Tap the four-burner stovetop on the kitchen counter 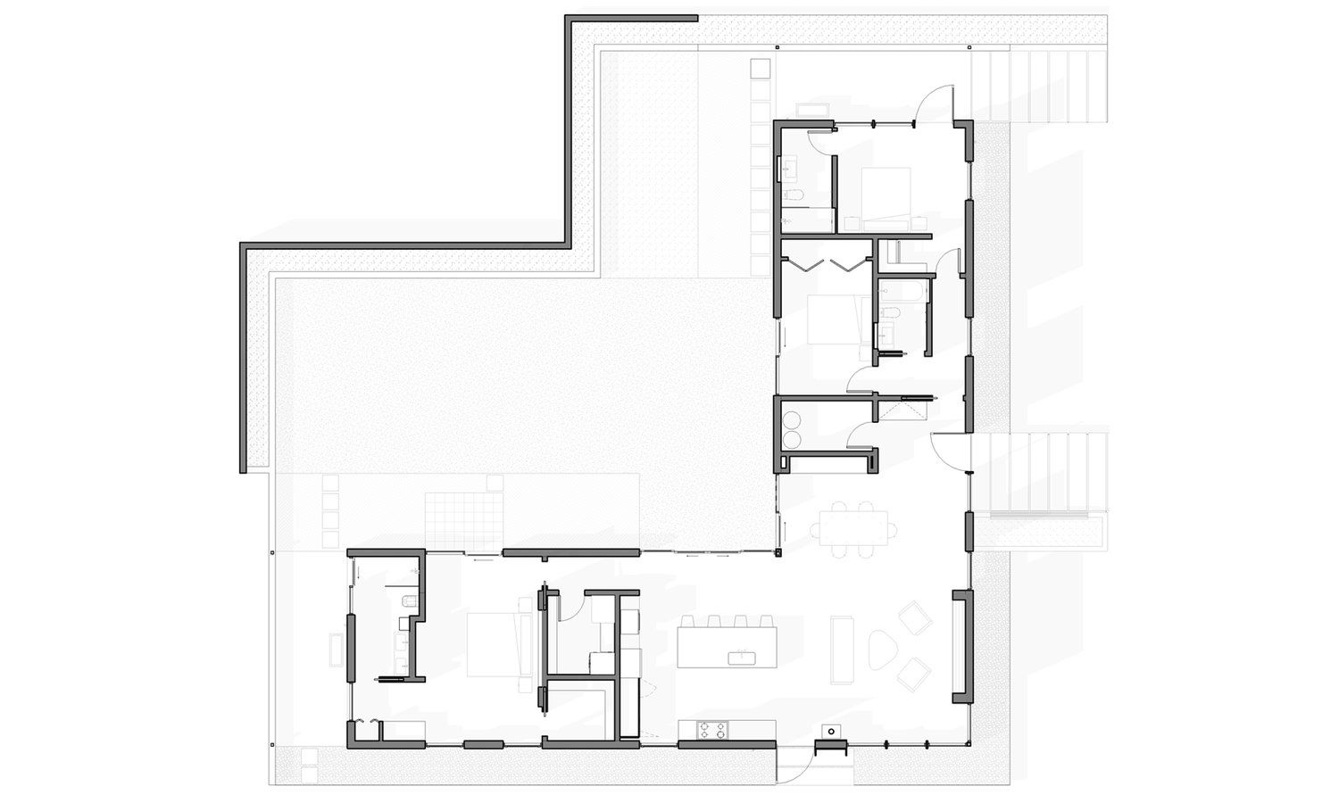pos(711,730)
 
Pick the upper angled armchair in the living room pos(914,618)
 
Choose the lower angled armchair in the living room pos(914,674)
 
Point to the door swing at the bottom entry pos(796,763)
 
